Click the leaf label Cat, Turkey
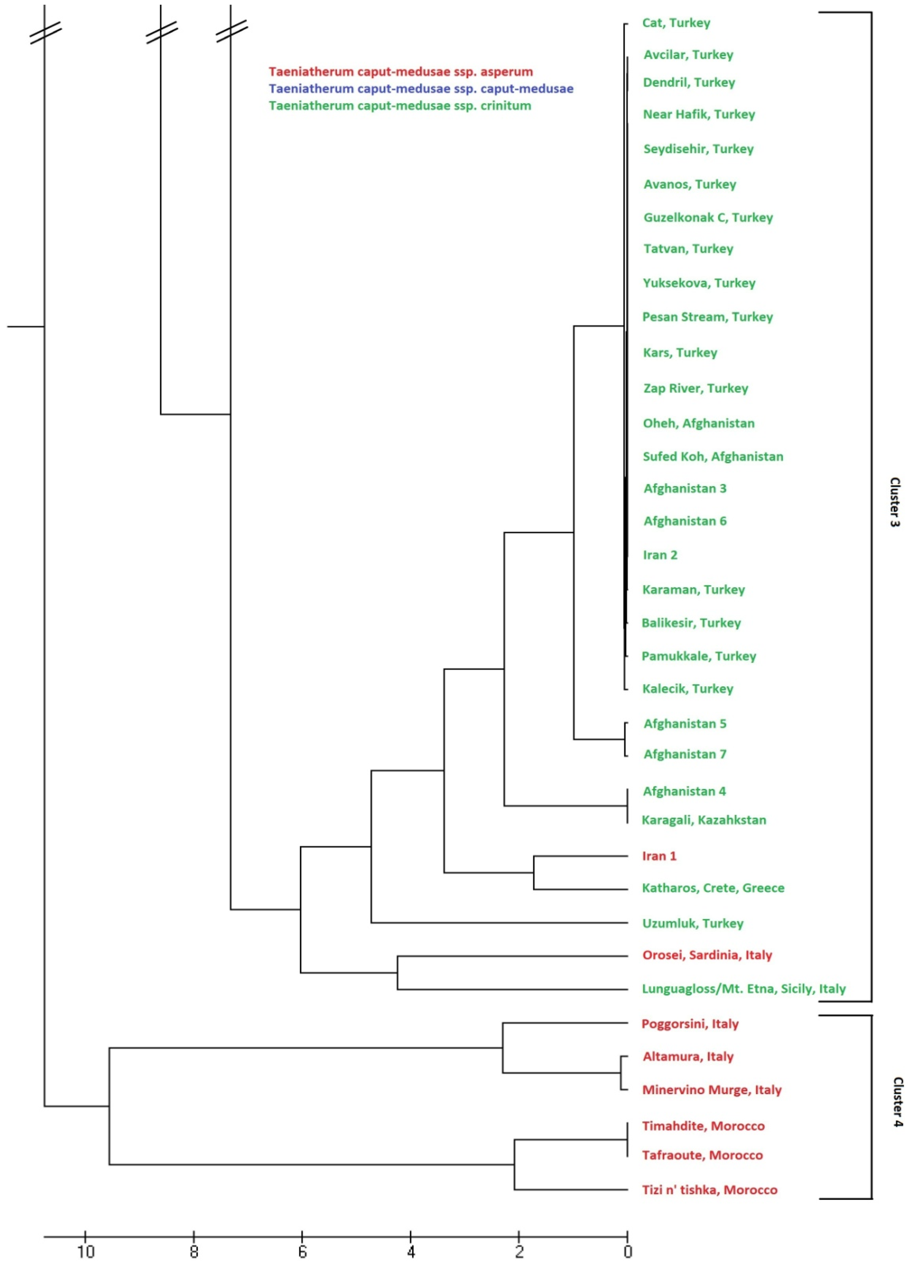676,23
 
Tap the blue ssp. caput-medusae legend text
421,89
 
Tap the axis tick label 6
302,1252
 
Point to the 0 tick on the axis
627,1252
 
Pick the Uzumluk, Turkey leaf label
693,923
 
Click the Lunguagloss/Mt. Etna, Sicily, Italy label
744,989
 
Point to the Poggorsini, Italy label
690,1024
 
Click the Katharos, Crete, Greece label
713,888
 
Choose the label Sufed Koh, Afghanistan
713,457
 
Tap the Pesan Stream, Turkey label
707,317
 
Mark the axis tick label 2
519,1252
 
